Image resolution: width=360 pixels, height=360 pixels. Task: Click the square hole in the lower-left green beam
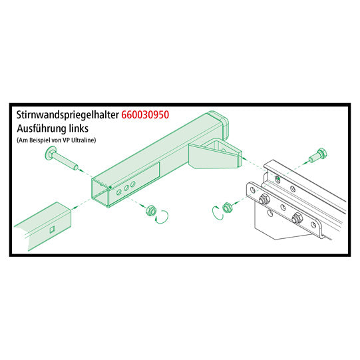tap(51, 231)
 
